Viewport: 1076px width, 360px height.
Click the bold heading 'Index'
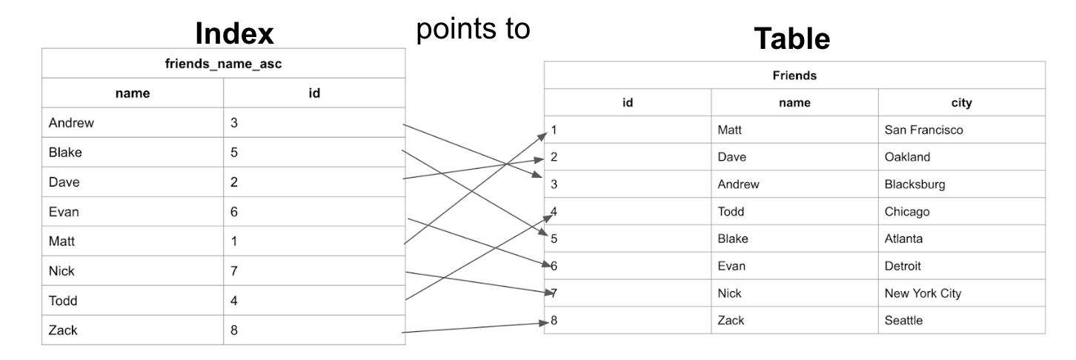click(234, 33)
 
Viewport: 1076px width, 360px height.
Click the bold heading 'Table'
click(791, 39)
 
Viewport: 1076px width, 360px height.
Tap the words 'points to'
click(474, 28)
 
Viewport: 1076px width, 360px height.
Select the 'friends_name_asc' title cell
click(223, 64)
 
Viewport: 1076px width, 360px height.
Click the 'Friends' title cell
click(794, 76)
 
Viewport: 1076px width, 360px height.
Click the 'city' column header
click(961, 103)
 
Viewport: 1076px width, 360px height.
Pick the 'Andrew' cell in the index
click(71, 124)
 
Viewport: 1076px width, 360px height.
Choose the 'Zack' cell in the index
click(63, 330)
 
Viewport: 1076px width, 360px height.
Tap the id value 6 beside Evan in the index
click(234, 213)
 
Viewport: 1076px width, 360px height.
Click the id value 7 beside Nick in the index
click(234, 271)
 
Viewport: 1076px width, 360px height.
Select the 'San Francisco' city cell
click(923, 130)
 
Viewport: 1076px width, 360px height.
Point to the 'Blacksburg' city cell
click(914, 184)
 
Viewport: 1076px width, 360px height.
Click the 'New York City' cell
click(923, 293)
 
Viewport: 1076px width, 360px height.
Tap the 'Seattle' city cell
click(903, 321)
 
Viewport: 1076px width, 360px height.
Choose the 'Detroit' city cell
click(903, 266)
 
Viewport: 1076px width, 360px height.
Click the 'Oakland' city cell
click(907, 158)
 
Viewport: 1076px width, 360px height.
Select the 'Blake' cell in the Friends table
click(733, 239)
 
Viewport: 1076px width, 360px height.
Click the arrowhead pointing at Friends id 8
click(545, 321)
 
